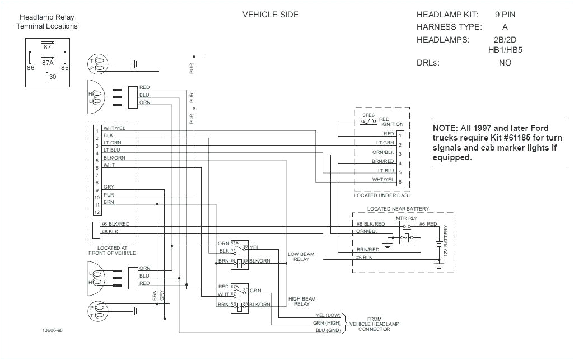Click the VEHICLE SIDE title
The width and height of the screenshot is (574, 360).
270,15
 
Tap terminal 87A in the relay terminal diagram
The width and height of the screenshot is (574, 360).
48,63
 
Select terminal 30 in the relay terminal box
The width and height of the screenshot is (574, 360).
52,77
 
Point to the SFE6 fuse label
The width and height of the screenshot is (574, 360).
368,114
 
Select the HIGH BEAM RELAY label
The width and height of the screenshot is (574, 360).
301,301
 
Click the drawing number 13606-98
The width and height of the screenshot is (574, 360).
52,330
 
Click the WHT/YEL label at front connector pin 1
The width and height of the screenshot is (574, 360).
114,129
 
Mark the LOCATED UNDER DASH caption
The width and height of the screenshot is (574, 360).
382,195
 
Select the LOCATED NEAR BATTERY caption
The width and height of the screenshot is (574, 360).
398,209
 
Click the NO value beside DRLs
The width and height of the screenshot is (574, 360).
505,63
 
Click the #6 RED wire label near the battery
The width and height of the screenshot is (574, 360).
428,224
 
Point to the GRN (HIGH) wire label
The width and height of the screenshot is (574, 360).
328,322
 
